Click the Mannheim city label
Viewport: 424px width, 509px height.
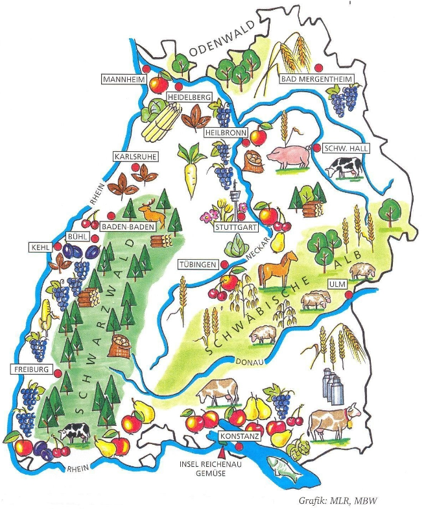[123, 79]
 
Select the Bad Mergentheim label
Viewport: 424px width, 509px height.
[318, 79]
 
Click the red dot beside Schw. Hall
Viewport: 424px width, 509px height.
[316, 148]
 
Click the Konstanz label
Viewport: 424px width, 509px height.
[239, 436]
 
